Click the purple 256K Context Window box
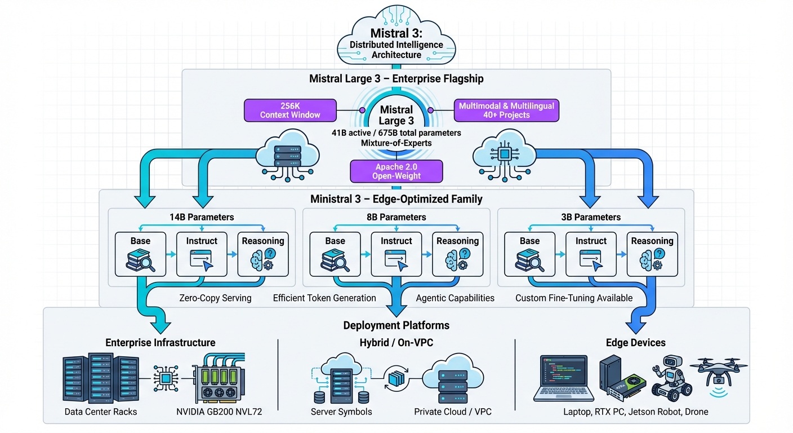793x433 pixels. point(290,111)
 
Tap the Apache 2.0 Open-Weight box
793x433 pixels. point(396,171)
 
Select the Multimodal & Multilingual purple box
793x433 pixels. point(506,111)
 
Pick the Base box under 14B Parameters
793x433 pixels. point(140,254)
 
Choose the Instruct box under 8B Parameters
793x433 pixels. point(396,254)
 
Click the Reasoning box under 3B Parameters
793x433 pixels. point(652,254)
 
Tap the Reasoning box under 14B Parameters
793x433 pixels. point(263,254)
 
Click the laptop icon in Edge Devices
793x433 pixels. point(563,378)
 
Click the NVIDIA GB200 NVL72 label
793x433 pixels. point(219,412)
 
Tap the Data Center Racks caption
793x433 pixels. point(101,412)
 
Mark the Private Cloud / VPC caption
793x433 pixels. point(453,412)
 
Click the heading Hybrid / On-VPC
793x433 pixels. point(396,343)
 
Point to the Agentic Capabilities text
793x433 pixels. point(455,298)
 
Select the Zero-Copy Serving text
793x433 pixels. point(215,298)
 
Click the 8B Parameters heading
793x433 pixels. point(396,217)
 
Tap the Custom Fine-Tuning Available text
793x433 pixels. point(574,298)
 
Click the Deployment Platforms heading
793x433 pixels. point(396,325)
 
